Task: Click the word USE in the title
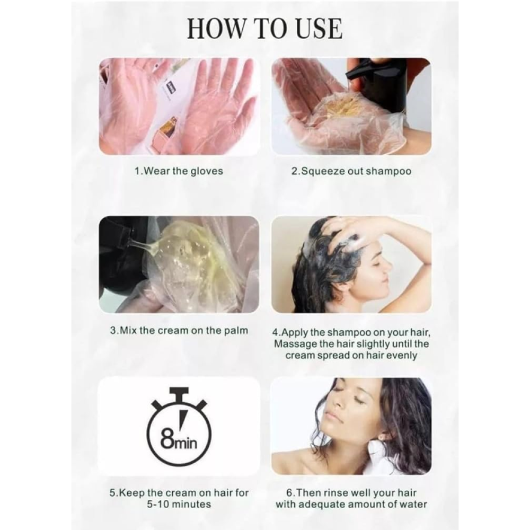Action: pos(319,29)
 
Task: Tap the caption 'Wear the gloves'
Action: pos(183,171)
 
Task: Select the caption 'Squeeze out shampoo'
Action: pos(356,171)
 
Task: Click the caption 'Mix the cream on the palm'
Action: pos(184,330)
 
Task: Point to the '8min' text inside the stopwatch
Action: pos(179,440)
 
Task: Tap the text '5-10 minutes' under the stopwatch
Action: pos(179,505)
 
